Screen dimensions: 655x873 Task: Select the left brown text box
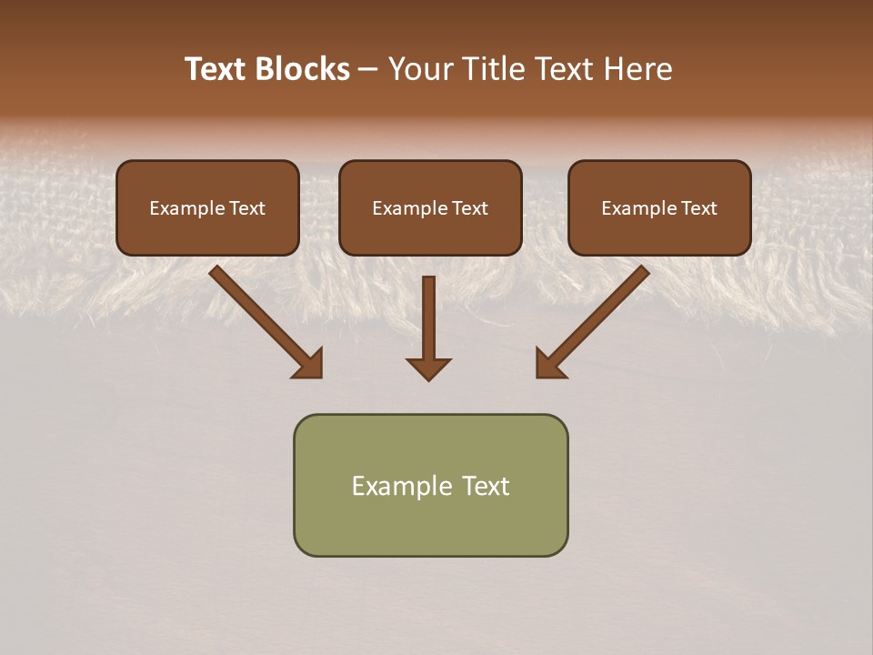207,207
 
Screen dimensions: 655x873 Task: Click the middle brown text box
430,207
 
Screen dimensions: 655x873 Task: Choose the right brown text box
659,207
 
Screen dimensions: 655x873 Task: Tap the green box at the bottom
430,485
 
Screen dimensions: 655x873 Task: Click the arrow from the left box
264,319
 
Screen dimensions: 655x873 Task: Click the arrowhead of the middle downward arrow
429,368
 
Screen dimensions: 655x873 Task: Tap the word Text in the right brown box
698,208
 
